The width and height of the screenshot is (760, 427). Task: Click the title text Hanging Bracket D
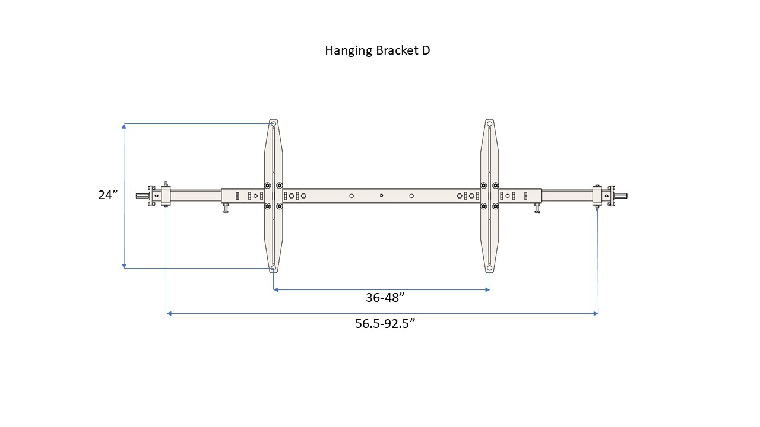click(377, 50)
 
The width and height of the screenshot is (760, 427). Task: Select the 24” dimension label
click(108, 195)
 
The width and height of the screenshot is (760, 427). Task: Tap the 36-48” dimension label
click(381, 298)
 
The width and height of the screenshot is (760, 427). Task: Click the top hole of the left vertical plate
click(273, 125)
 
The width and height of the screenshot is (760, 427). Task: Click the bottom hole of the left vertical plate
click(273, 268)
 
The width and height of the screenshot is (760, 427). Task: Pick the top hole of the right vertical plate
click(489, 125)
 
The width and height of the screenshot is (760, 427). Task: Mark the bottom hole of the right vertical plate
click(489, 268)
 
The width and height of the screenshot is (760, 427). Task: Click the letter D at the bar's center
click(381, 195)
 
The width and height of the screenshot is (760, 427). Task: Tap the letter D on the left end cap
click(156, 195)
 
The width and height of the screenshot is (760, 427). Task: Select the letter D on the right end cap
click(606, 195)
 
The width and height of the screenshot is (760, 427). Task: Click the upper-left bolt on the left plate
click(267, 185)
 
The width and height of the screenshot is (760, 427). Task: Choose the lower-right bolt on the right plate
click(495, 206)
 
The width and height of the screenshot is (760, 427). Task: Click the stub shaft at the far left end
click(141, 195)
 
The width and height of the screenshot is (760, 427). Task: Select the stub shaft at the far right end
click(621, 195)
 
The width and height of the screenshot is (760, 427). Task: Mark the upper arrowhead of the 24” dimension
click(123, 126)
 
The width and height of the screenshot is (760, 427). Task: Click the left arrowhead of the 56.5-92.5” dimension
click(169, 313)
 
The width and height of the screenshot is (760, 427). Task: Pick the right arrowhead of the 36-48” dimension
click(487, 289)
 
